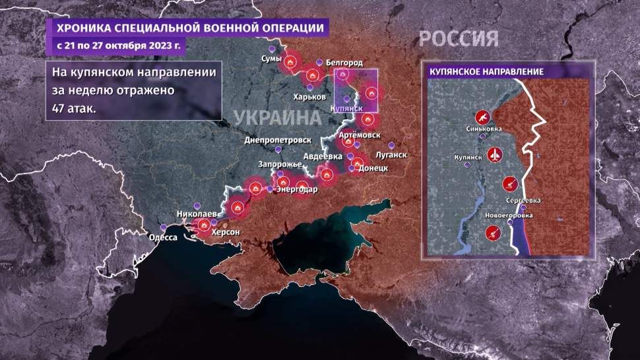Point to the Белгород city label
(x=344, y=63)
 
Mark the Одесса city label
(x=164, y=237)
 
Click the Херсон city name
(x=226, y=233)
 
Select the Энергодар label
(x=297, y=190)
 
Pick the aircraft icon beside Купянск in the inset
(x=496, y=156)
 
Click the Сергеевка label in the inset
(x=522, y=200)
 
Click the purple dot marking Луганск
(x=391, y=145)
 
